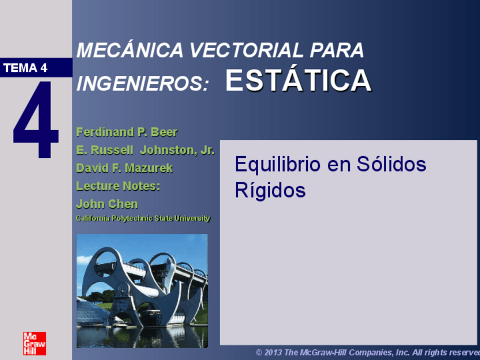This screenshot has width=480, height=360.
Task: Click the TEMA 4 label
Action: pos(25,68)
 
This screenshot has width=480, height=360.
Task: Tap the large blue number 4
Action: pos(36,119)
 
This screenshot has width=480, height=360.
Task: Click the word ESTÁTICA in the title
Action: pos(298,82)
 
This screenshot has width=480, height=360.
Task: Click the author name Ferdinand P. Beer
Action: pos(127,132)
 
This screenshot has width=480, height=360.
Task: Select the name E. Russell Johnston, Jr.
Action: pos(145,151)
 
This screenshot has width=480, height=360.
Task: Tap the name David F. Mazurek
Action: pos(125,168)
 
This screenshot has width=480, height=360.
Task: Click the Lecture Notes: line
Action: pos(118,186)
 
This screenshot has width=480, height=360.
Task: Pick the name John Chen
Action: pos(107,204)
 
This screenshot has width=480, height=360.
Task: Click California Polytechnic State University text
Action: pos(143,218)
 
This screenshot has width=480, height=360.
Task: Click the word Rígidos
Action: pos(270,191)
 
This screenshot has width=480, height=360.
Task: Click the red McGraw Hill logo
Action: pos(35,344)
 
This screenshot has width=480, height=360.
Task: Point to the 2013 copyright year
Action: pos(273,353)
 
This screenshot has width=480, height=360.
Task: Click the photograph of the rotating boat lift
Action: pos(142,290)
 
